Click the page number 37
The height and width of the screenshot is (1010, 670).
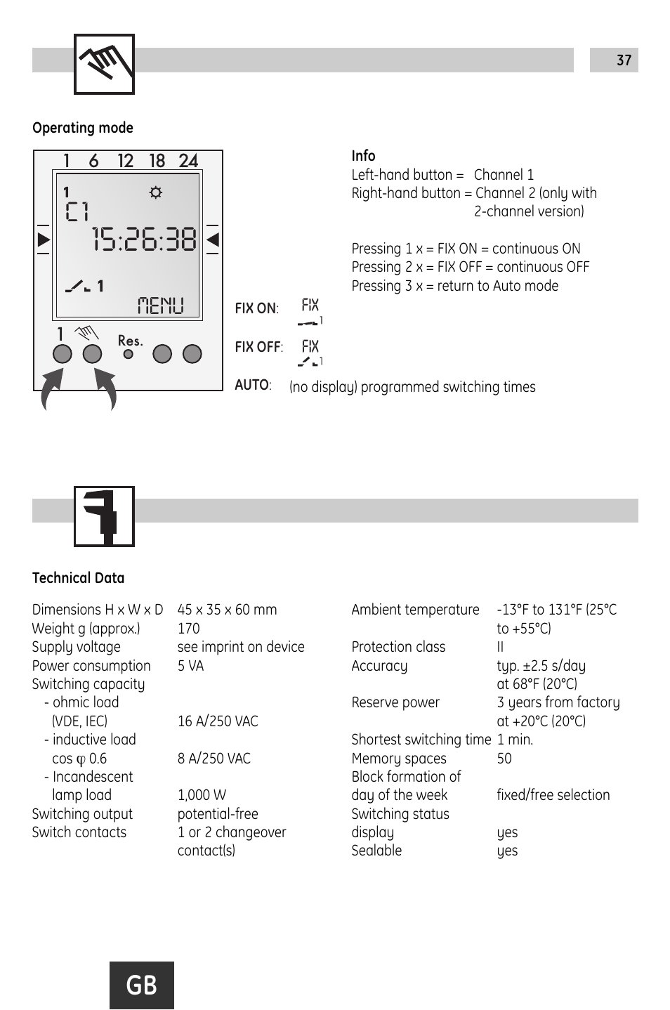(624, 60)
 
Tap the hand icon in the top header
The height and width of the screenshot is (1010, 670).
(104, 64)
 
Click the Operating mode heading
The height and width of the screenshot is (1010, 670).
(83, 128)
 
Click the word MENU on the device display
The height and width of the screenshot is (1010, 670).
(161, 306)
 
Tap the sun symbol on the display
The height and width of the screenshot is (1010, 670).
(156, 192)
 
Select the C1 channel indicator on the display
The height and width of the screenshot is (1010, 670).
(77, 211)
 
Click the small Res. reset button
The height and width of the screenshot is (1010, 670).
(128, 355)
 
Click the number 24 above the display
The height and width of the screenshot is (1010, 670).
(188, 161)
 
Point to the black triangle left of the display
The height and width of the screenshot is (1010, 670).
(44, 240)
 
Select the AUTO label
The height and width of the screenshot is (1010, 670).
(252, 385)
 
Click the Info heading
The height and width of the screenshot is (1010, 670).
(363, 156)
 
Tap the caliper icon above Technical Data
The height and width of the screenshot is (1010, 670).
(104, 516)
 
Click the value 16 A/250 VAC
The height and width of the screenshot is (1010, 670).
(218, 721)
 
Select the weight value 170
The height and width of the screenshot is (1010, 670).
(189, 629)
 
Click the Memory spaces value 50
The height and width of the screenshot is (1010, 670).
(504, 759)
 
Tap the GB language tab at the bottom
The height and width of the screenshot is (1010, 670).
(142, 985)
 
